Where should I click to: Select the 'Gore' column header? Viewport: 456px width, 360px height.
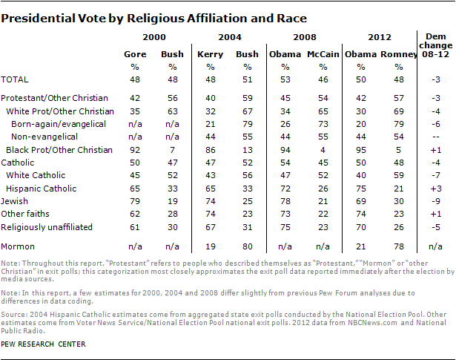(x=134, y=53)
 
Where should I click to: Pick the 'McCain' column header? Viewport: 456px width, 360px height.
(x=313, y=53)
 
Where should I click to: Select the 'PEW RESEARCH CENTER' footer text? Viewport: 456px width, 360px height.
(x=44, y=344)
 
